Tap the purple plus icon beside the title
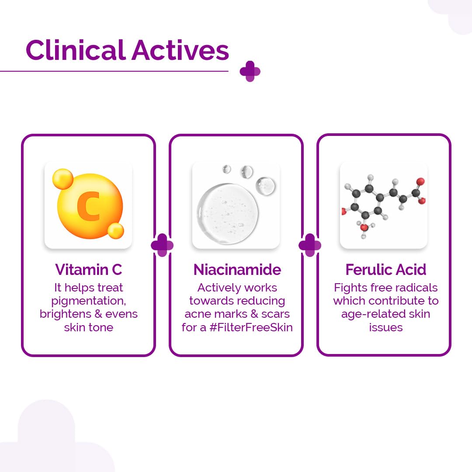pyautogui.click(x=250, y=71)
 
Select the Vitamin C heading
pyautogui.click(x=88, y=269)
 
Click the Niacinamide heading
pyautogui.click(x=237, y=269)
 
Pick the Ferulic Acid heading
pyautogui.click(x=385, y=269)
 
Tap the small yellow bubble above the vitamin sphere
pyautogui.click(x=62, y=179)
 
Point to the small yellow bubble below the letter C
pyautogui.click(x=116, y=230)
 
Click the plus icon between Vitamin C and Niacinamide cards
pyautogui.click(x=162, y=245)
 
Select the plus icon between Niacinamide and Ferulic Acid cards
pyautogui.click(x=310, y=245)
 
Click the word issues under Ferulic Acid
pyautogui.click(x=385, y=327)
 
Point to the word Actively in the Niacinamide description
pyautogui.click(x=217, y=288)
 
